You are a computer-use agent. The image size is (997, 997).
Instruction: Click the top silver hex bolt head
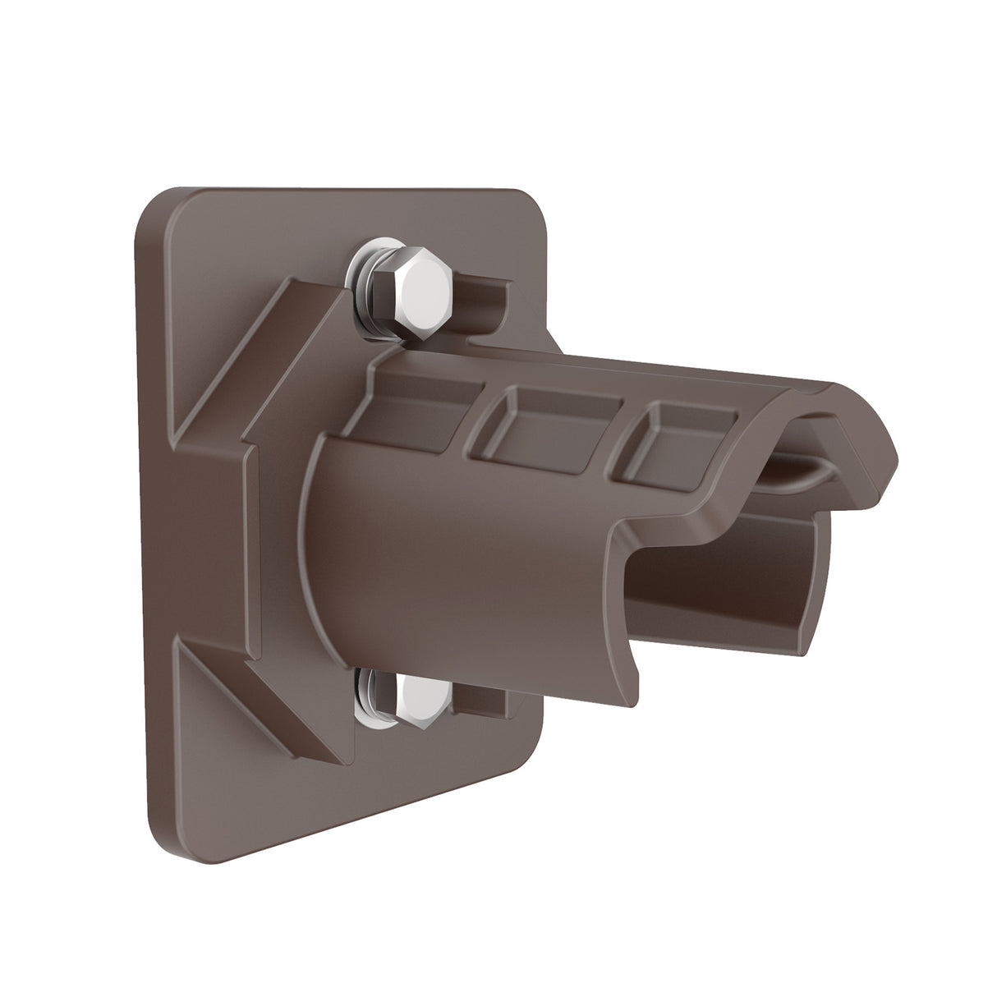pos(408,279)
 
